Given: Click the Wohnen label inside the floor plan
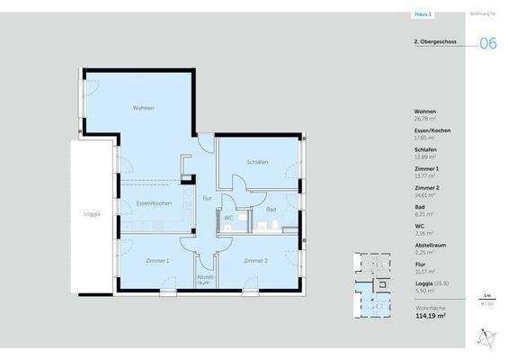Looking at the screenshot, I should coord(143,108).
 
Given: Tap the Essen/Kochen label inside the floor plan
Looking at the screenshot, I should coord(154,204).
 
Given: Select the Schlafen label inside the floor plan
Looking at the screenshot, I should coord(258,162).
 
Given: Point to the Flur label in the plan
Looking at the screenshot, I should coord(207,197).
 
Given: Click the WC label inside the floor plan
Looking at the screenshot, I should coord(229,218).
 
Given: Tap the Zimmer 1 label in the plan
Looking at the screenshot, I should coord(157,260).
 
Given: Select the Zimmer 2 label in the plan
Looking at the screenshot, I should coord(256,260).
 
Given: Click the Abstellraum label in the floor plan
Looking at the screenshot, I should coord(204,279).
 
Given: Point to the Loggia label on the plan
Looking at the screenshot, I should coord(92,213).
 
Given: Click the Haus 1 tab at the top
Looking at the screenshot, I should coord(422,13).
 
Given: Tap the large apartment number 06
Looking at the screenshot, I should coord(488,43).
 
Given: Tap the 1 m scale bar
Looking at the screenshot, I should coord(486,297).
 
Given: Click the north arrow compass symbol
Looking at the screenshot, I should coord(485,337).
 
